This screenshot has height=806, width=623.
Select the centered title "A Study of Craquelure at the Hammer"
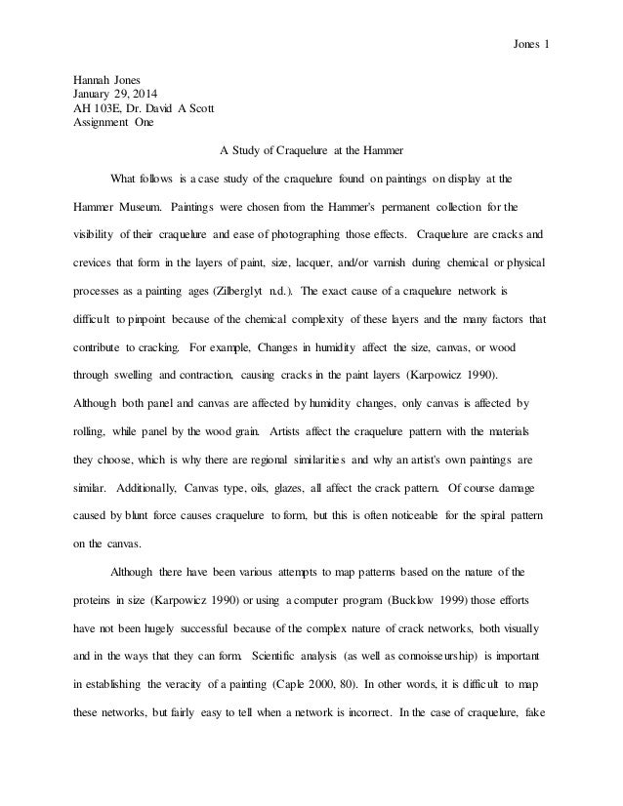[x=311, y=151]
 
